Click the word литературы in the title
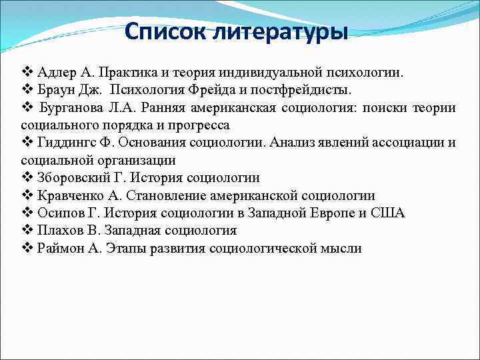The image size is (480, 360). coord(289,31)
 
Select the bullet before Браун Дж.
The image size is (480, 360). coord(27,89)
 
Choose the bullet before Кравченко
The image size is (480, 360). coord(27,196)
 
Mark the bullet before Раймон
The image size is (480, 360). coord(27,249)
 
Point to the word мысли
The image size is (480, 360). coord(342,249)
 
